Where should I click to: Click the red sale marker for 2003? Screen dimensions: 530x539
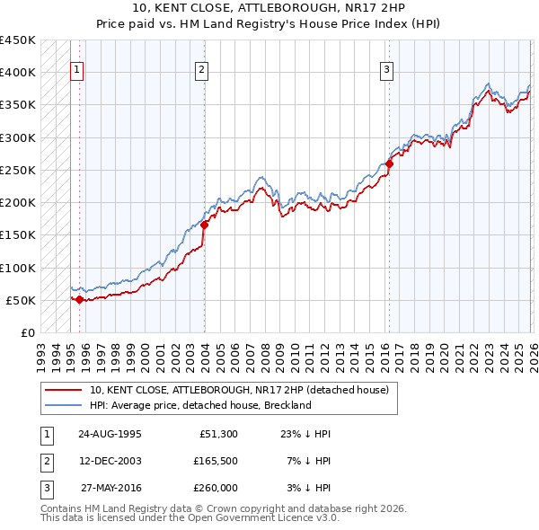205,225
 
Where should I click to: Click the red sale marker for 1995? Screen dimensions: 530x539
80,299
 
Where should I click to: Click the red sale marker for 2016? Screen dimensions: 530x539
389,163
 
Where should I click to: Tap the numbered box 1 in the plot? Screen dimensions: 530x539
77,71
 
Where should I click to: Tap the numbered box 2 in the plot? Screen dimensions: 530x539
202,71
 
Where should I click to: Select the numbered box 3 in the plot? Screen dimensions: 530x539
387,71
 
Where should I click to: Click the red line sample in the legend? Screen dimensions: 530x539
64,390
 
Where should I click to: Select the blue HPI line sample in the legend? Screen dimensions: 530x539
64,405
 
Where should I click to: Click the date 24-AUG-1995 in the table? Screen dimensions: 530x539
110,433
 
